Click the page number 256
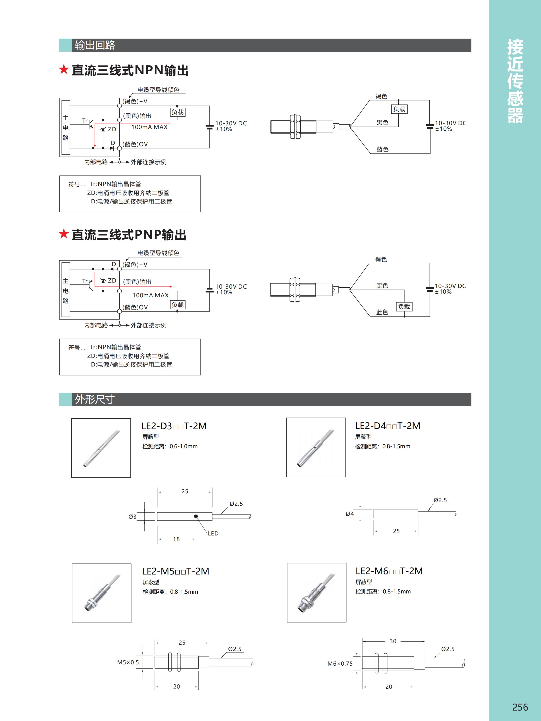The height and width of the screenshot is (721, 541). (x=520, y=707)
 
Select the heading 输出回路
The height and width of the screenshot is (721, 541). (x=95, y=45)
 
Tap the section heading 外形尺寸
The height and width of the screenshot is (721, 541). (x=95, y=399)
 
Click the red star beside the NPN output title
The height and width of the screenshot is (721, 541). (x=64, y=69)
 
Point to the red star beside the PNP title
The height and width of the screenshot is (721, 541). (x=64, y=234)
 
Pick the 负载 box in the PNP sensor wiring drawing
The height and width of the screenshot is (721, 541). (x=404, y=306)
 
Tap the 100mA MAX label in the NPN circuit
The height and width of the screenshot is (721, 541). (x=149, y=127)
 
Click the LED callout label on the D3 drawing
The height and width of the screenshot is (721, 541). (x=213, y=533)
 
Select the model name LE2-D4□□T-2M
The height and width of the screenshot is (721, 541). (x=387, y=426)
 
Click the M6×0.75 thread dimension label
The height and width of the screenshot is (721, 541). (x=340, y=664)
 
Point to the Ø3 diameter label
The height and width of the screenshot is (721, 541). (x=132, y=517)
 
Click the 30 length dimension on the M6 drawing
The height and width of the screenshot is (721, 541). (x=393, y=641)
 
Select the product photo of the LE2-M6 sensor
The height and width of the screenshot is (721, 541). (x=316, y=593)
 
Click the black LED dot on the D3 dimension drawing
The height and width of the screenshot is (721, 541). (x=196, y=516)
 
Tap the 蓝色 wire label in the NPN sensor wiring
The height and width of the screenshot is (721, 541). (x=382, y=149)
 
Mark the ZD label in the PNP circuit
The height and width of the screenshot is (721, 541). (x=112, y=280)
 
